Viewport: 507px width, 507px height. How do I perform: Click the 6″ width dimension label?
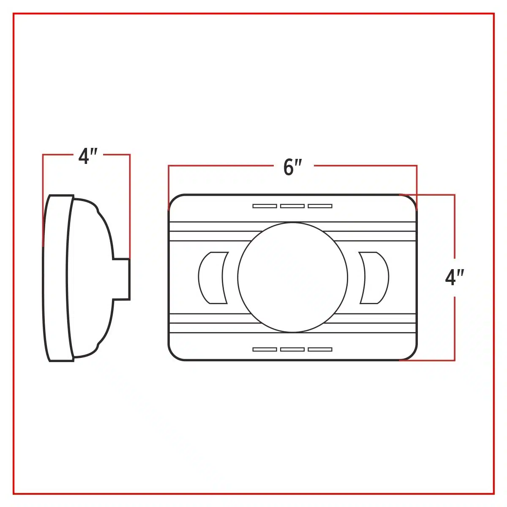coord(292,167)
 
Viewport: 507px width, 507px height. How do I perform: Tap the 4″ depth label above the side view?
coord(88,156)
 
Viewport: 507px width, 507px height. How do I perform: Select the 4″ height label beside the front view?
coord(454,277)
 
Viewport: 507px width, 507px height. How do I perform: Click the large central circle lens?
coord(292,277)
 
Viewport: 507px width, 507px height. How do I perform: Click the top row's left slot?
coord(264,206)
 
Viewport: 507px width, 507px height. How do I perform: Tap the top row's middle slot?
coord(292,206)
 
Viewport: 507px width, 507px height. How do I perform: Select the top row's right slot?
coord(320,206)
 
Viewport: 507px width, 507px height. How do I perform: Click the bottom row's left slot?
coord(264,349)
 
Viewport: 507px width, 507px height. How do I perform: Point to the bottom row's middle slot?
coord(292,349)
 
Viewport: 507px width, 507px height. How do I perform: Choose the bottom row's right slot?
coord(320,349)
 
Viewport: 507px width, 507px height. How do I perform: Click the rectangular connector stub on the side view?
coord(122,279)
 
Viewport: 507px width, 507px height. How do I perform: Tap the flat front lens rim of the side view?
coord(57,278)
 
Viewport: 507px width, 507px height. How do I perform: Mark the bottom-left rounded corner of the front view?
coord(174,354)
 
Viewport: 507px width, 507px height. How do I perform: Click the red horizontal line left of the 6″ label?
coord(221,166)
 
